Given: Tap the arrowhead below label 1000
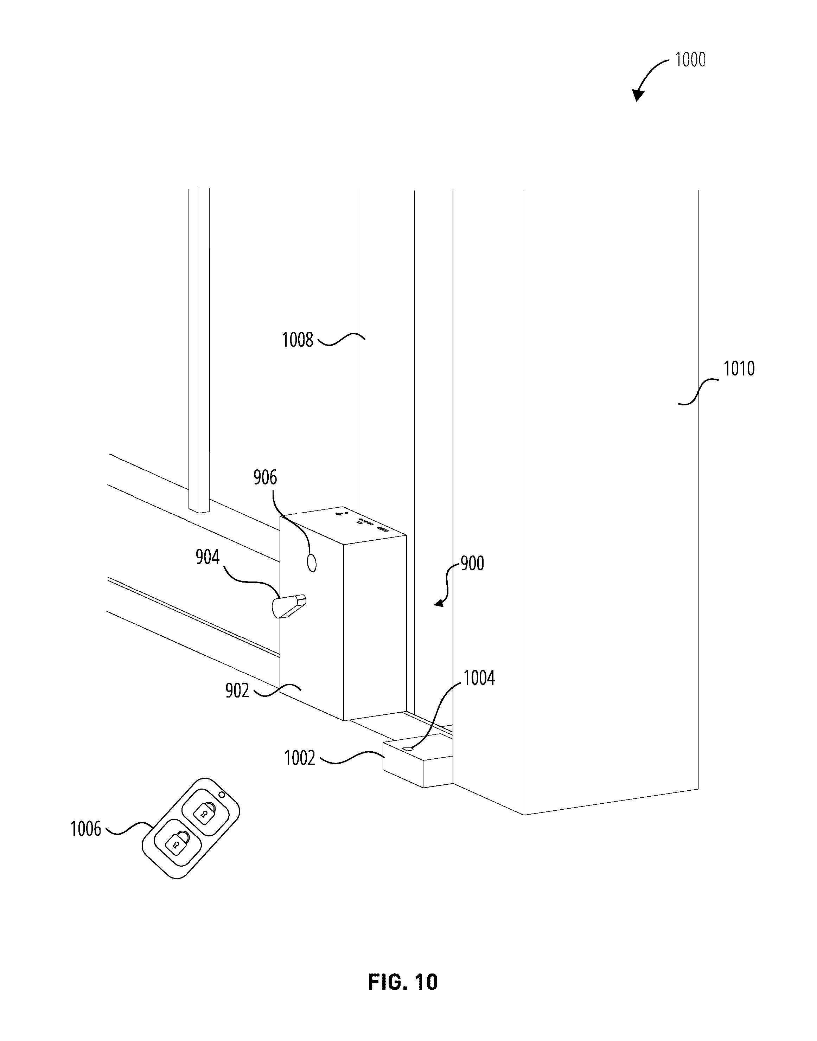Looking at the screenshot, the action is coord(637,95).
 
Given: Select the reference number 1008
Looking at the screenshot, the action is coord(297,340).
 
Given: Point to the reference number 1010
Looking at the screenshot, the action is coord(739,369).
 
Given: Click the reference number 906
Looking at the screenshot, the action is coord(265,477).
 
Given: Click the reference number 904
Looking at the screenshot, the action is coord(207,557).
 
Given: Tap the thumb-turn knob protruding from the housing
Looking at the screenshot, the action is coord(289,606).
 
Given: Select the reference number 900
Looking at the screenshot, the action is coord(472,564).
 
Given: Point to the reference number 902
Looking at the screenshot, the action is coord(237,691).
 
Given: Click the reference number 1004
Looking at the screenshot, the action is coord(479,678).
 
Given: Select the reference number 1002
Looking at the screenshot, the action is coord(299,758).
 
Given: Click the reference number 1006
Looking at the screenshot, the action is coord(85,829).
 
